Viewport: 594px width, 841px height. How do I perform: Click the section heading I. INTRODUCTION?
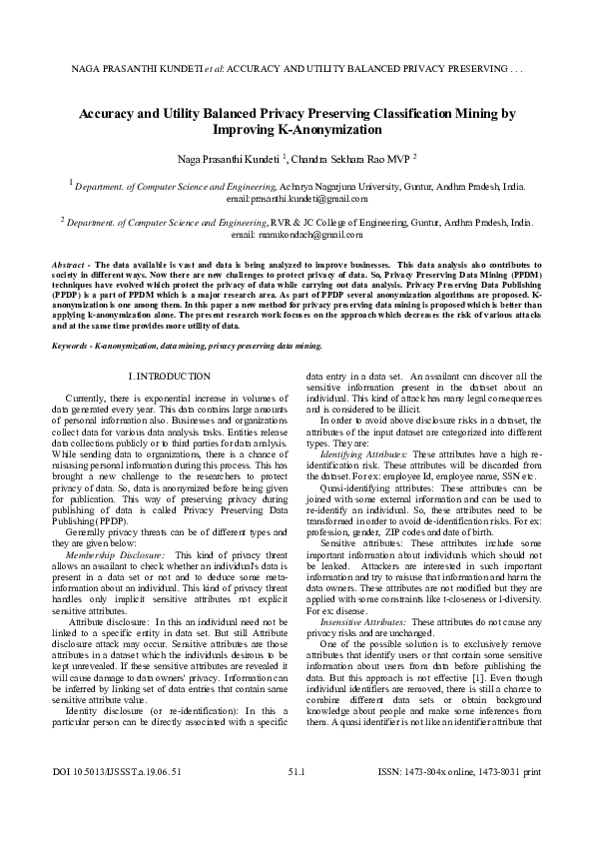point(170,376)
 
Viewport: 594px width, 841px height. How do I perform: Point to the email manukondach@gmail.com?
point(297,234)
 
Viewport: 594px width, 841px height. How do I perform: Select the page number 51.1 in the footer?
point(297,799)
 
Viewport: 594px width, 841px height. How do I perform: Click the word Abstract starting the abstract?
point(69,264)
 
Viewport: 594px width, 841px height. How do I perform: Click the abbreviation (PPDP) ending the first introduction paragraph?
point(105,520)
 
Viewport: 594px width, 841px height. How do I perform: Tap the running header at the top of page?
point(297,71)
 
